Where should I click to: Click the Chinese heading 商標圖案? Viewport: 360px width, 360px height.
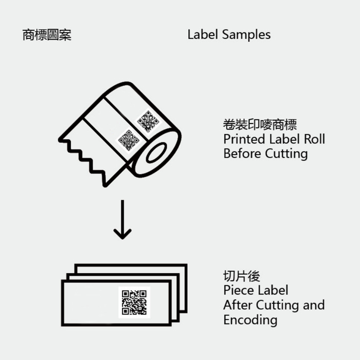[x=47, y=35]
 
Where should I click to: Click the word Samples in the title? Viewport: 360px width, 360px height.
[x=247, y=35]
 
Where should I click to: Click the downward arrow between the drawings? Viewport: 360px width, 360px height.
[x=122, y=220]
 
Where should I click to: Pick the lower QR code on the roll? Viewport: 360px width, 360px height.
[x=128, y=139]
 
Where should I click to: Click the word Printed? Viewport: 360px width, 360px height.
[x=244, y=139]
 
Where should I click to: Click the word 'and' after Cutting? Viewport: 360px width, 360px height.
[x=314, y=305]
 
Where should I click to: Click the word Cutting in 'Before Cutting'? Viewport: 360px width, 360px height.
[x=286, y=154]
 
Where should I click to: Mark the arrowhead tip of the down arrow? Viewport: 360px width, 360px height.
[x=122, y=238]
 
